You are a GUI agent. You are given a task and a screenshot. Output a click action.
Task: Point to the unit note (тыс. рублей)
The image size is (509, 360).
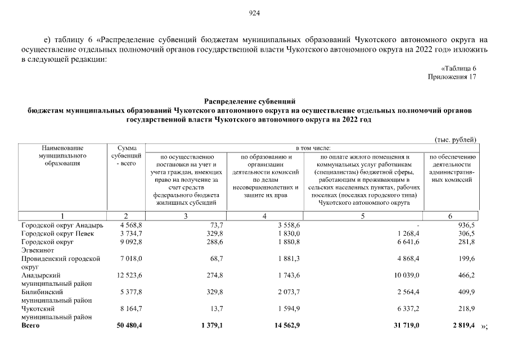[456, 139]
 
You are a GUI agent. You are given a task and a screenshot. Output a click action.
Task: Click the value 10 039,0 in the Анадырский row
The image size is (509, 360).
[404, 276]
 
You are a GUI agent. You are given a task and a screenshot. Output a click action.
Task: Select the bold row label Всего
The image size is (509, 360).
[30, 326]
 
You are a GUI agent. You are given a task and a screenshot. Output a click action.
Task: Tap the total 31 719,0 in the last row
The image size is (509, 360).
[403, 326]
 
